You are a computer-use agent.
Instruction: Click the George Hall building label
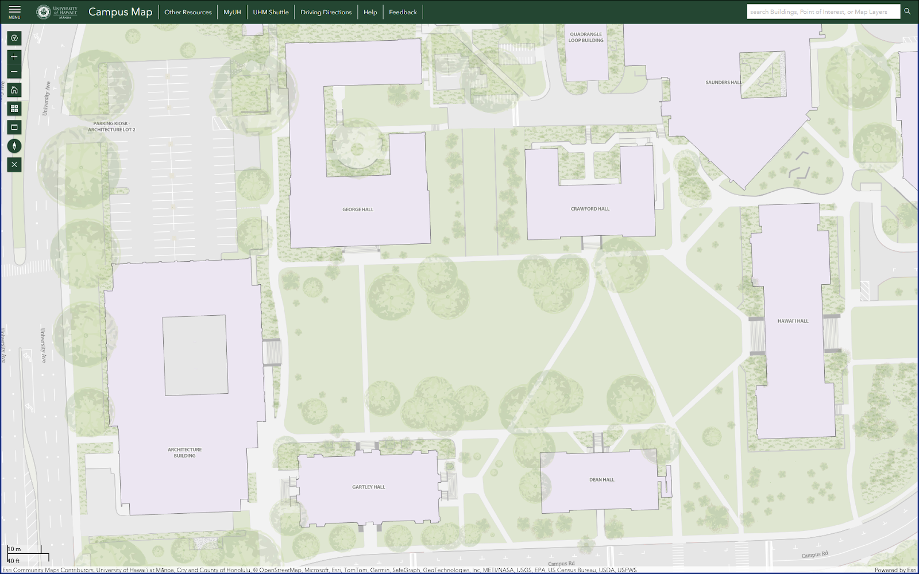pos(358,210)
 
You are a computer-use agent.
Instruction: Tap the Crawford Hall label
pos(590,209)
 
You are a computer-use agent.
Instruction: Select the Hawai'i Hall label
pos(793,321)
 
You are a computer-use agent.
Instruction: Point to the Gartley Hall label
pos(369,487)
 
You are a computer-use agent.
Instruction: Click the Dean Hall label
pos(601,480)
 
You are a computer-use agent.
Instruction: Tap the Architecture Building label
pos(184,453)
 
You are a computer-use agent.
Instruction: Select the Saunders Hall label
pos(723,83)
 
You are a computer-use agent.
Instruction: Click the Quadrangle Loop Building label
pos(586,37)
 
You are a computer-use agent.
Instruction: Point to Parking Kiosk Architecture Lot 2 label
pos(111,126)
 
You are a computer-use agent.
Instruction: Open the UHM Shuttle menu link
pos(271,12)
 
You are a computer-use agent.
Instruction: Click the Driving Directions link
pos(326,12)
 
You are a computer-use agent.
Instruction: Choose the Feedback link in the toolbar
pos(403,12)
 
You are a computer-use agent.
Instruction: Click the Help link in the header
pos(370,12)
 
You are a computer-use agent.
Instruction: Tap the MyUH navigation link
pos(232,12)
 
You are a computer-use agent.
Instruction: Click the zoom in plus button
pos(14,57)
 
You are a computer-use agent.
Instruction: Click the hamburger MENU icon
pos(14,11)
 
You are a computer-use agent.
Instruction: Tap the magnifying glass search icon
pos(908,11)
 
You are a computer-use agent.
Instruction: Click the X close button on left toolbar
pos(14,165)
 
